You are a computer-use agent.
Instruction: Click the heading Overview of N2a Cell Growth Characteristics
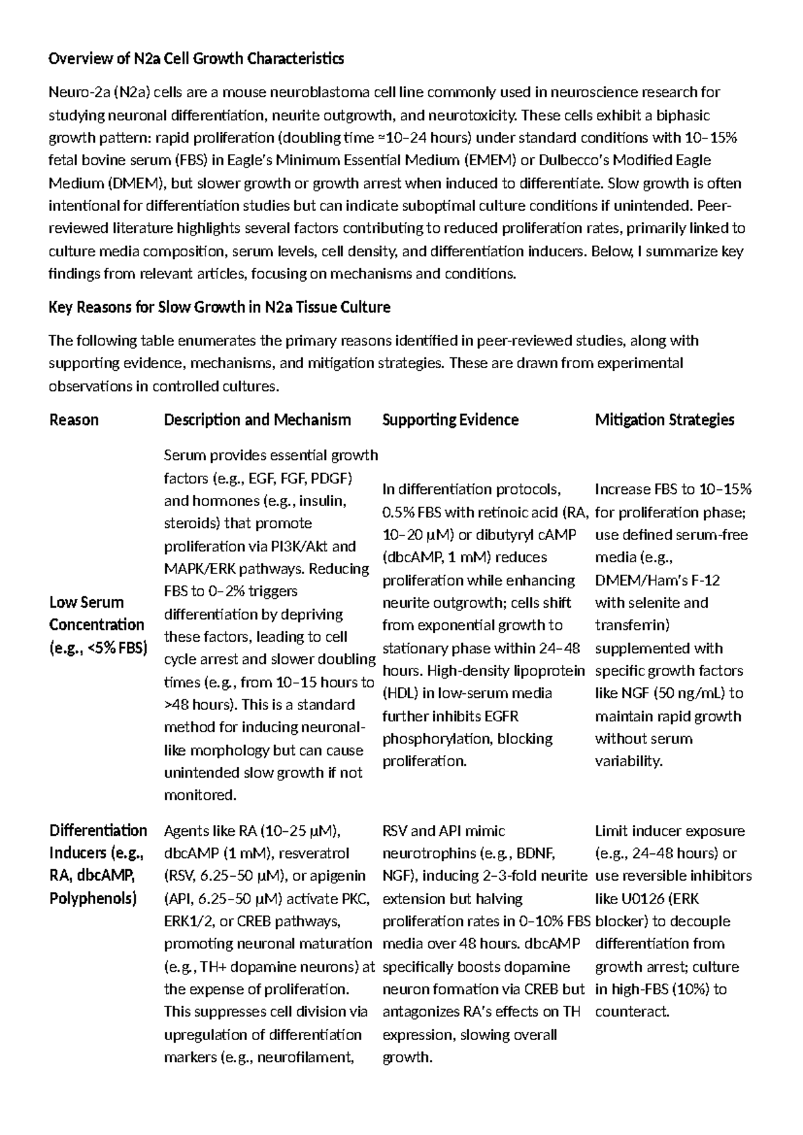coord(196,59)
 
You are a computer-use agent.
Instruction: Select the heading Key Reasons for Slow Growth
coord(219,307)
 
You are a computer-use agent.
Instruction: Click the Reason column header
coord(74,420)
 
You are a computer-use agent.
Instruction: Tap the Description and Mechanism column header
coord(257,420)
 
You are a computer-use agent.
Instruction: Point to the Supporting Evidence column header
coord(450,420)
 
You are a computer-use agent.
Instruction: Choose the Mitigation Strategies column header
coord(664,420)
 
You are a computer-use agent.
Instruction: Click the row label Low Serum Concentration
coord(96,624)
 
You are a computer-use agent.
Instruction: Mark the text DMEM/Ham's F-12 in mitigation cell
coord(657,580)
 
